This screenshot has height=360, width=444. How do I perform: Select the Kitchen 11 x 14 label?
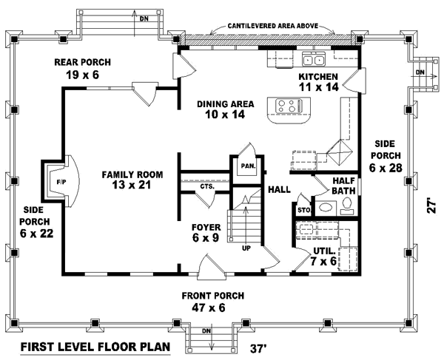coord(317,81)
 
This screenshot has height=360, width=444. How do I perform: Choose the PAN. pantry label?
coord(246,166)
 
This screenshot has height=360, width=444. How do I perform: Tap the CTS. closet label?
coord(206,187)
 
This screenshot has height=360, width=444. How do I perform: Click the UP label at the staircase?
coord(246,248)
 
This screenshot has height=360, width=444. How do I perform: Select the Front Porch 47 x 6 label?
coord(213,301)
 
